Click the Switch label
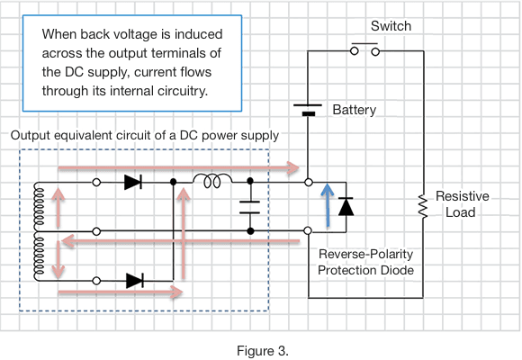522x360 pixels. pyautogui.click(x=391, y=26)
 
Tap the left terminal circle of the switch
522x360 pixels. pyautogui.click(x=355, y=51)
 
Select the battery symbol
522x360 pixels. pyautogui.click(x=308, y=110)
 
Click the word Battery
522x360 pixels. pyautogui.click(x=355, y=110)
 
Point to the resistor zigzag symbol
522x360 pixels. pyautogui.click(x=423, y=206)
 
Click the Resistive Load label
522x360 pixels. pyautogui.click(x=462, y=204)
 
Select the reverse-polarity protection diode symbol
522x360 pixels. pyautogui.click(x=346, y=206)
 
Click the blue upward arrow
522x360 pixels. pyautogui.click(x=328, y=205)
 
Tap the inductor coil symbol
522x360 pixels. pyautogui.click(x=212, y=181)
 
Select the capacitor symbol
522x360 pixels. pyautogui.click(x=249, y=207)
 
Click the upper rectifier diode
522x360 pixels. pyautogui.click(x=133, y=182)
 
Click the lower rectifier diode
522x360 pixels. pyautogui.click(x=135, y=281)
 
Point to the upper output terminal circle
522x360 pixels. pyautogui.click(x=309, y=183)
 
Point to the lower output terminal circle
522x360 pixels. pyautogui.click(x=309, y=230)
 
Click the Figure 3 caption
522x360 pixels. pyautogui.click(x=263, y=351)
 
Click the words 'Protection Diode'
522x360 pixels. pyautogui.click(x=366, y=270)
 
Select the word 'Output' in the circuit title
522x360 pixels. pyautogui.click(x=31, y=136)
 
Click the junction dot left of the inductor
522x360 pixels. pyautogui.click(x=173, y=182)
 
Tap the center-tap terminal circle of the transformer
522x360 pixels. pyautogui.click(x=96, y=231)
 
